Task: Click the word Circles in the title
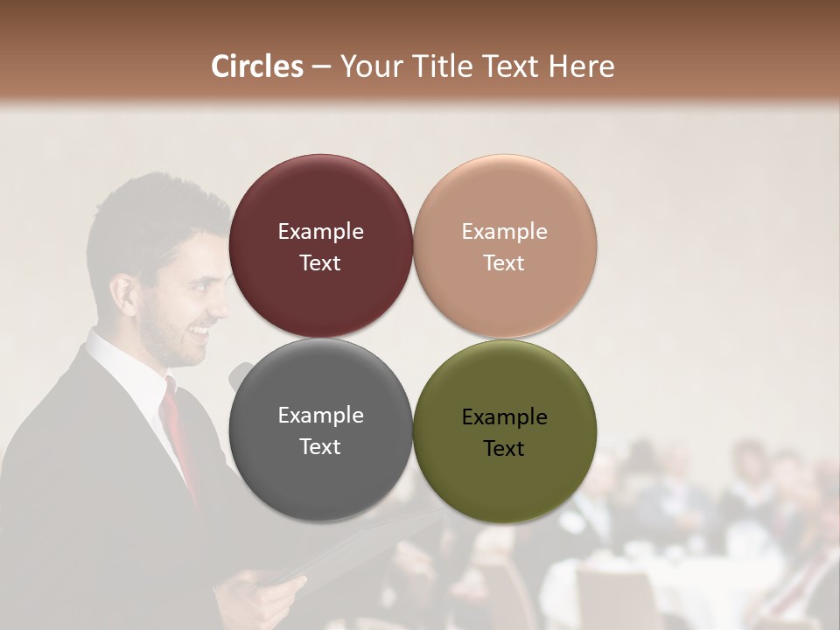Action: (x=256, y=66)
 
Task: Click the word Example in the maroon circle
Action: (x=320, y=232)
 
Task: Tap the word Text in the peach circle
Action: (x=504, y=263)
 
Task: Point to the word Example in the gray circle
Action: (x=320, y=416)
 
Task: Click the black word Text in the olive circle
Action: (x=504, y=449)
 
